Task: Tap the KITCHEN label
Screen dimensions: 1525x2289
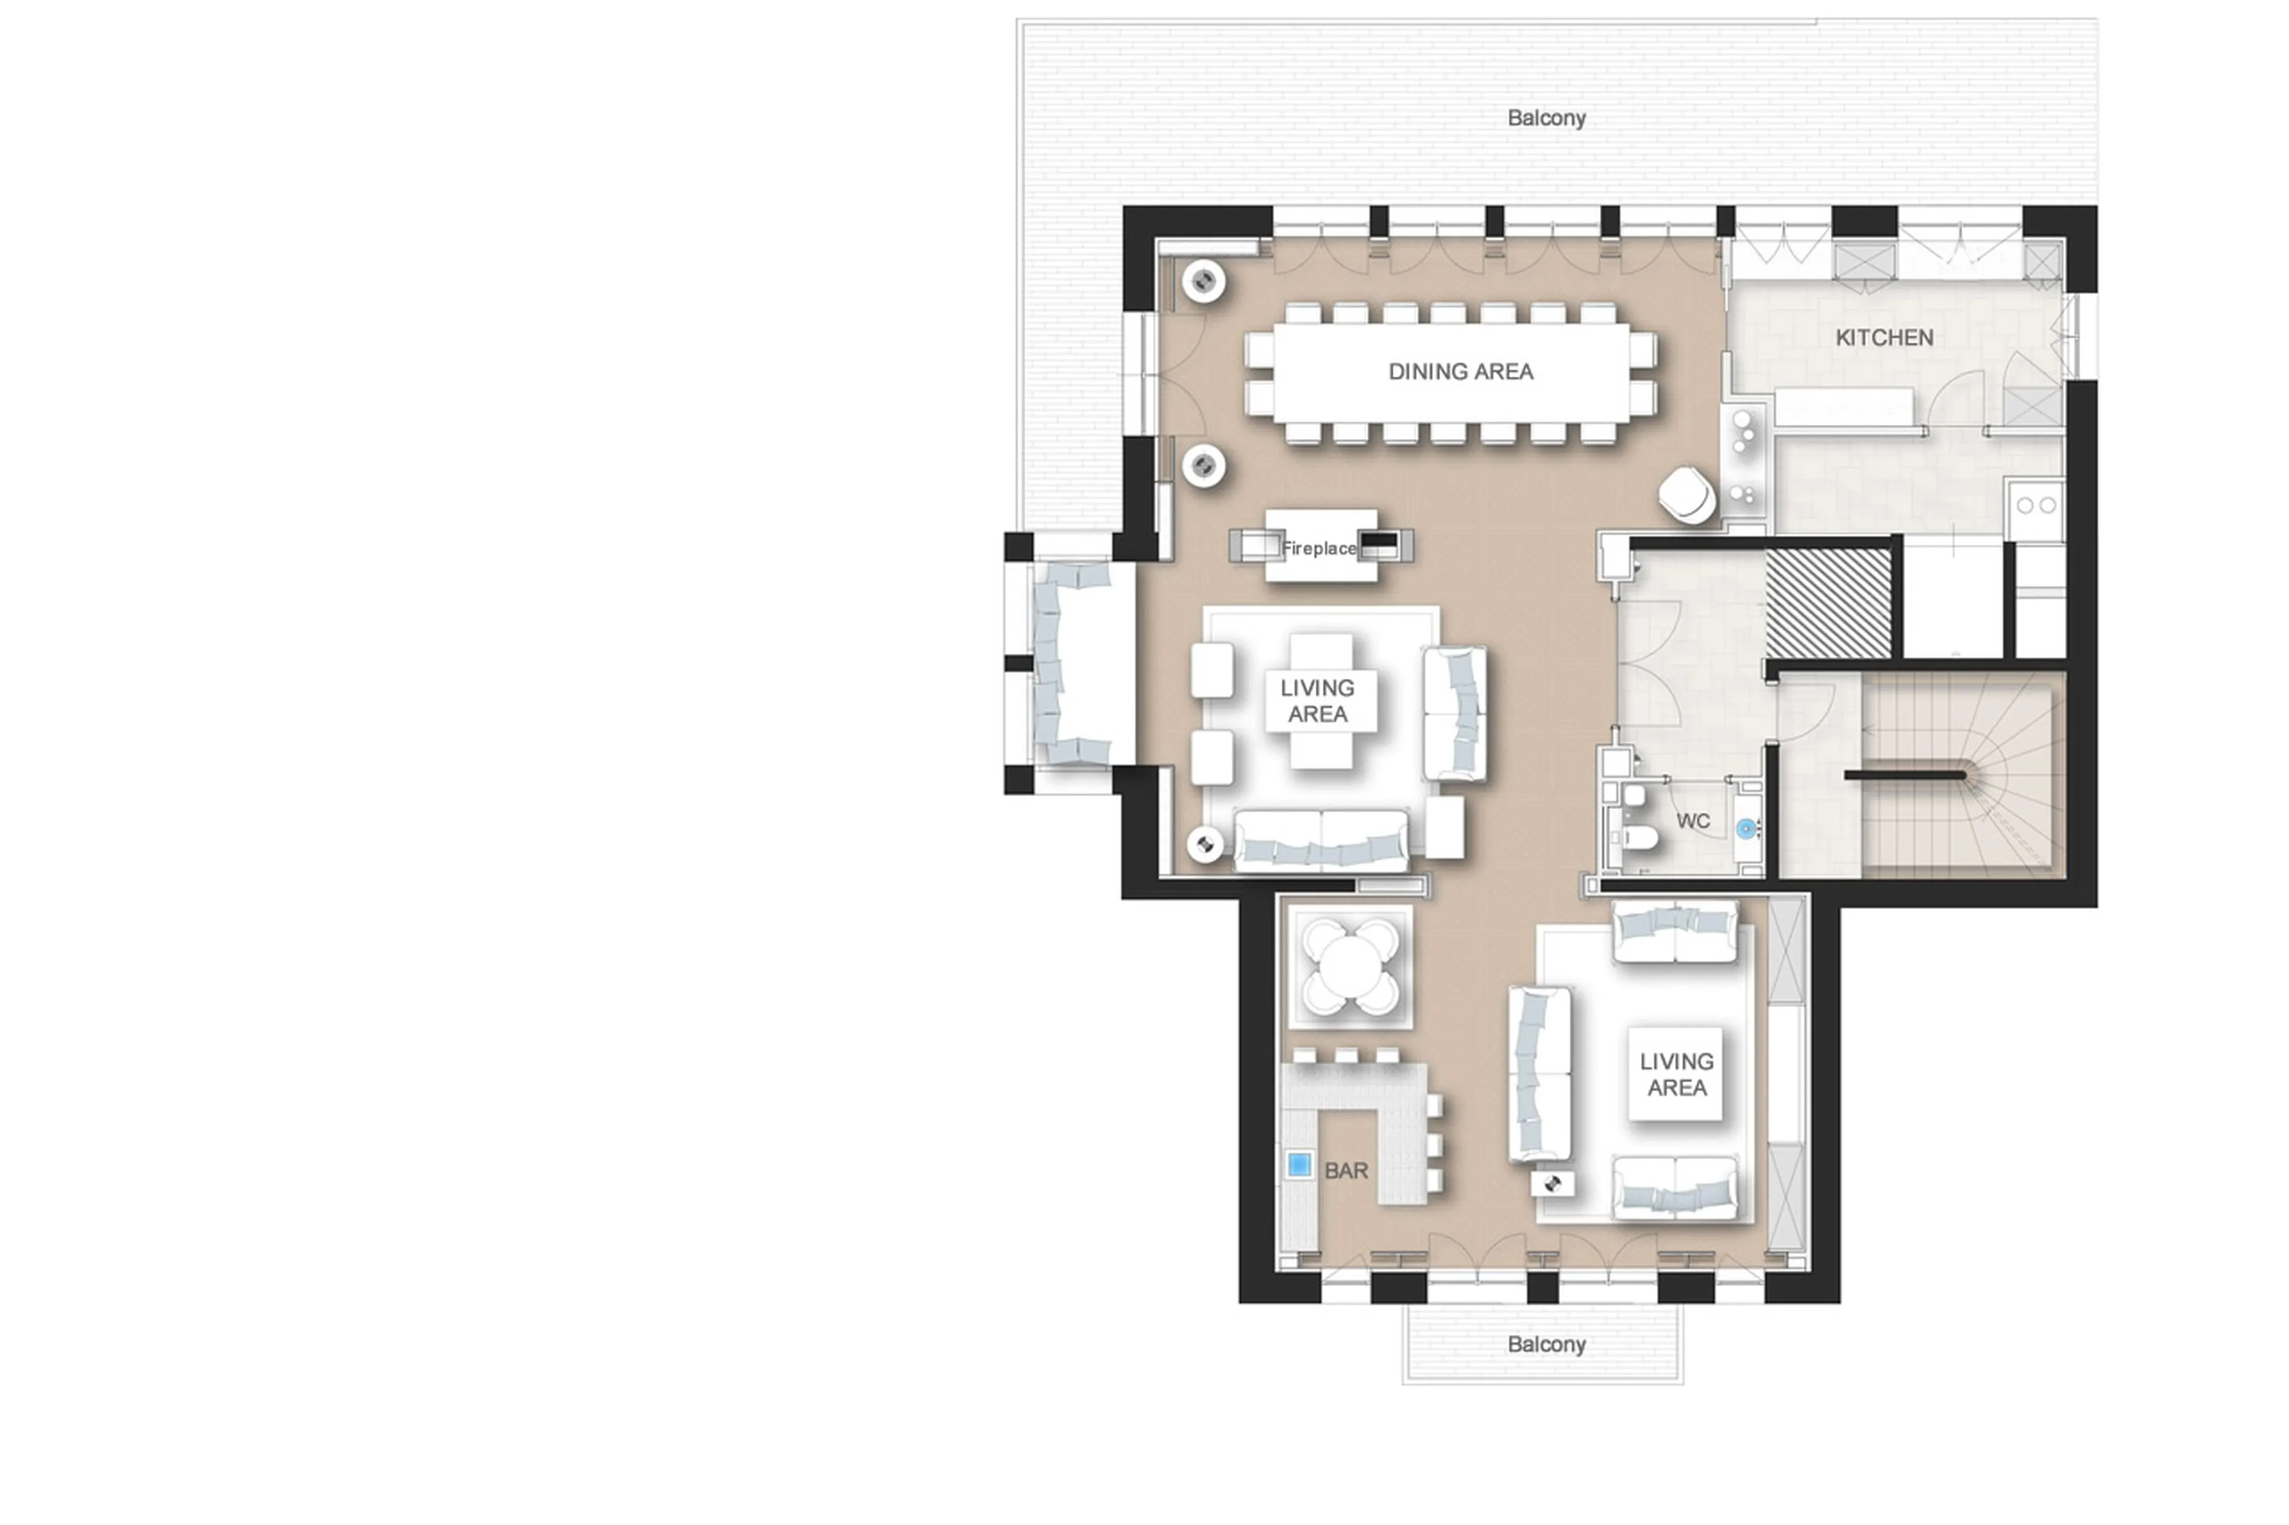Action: tap(1883, 337)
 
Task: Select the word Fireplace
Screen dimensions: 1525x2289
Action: tap(1318, 548)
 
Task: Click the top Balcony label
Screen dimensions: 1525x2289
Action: tap(1546, 117)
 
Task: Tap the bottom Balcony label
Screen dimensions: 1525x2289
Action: tap(1546, 1344)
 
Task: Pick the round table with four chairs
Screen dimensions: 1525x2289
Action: tap(1350, 966)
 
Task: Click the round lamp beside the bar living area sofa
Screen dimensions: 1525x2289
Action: tap(1553, 1184)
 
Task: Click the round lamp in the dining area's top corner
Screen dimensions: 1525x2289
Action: tap(1204, 282)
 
